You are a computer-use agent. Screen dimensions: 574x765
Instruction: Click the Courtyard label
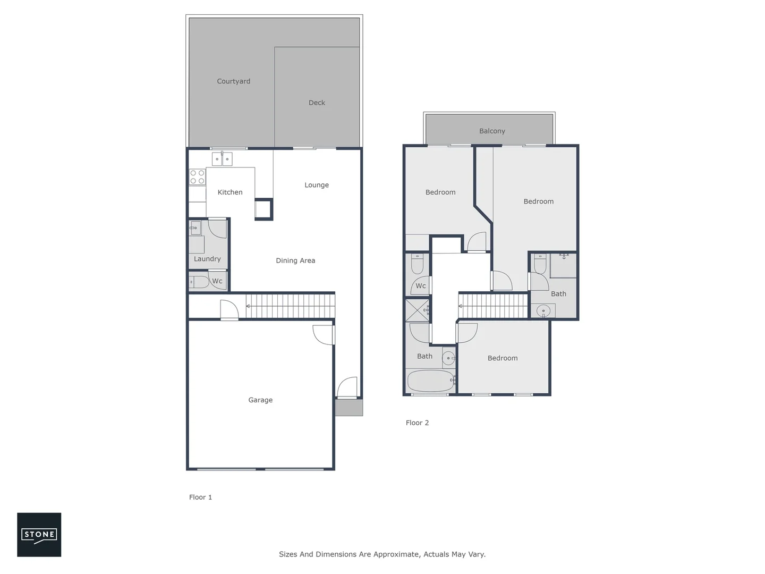(233, 81)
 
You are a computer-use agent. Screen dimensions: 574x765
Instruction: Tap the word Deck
(317, 103)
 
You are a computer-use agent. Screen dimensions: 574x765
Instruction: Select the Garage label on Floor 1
(260, 400)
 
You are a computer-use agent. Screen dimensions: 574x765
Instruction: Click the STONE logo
(39, 535)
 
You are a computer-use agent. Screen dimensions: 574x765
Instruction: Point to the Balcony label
(492, 131)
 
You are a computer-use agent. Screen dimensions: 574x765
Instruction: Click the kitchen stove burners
(197, 177)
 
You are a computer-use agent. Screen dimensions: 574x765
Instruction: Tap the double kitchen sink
(222, 159)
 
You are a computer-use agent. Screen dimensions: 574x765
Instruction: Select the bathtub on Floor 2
(430, 381)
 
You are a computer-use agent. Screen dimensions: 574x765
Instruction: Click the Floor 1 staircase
(290, 306)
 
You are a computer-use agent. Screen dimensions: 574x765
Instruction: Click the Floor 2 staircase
(494, 306)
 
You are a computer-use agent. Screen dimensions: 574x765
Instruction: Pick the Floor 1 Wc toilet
(200, 282)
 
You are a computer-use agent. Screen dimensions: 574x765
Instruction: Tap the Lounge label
(317, 185)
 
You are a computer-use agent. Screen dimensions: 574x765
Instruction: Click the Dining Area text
(295, 260)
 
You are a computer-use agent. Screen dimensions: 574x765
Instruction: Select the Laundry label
(207, 259)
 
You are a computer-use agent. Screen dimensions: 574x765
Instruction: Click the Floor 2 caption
(417, 423)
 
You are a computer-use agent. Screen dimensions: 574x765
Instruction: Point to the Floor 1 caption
(200, 497)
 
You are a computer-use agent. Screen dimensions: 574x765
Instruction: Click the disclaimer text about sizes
(382, 554)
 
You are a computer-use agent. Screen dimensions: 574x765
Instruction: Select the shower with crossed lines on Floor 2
(417, 310)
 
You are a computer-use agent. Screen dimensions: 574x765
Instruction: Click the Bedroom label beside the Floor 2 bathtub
(503, 358)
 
